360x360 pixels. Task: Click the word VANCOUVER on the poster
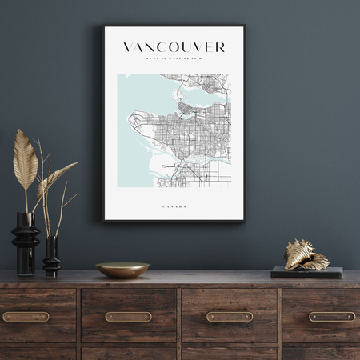tap(174, 47)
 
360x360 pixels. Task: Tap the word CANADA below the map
tap(174, 206)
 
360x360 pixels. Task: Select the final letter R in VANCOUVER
tap(221, 47)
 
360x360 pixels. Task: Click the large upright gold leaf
tap(25, 159)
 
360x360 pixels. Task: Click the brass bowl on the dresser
tap(122, 270)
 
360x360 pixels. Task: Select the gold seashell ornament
tap(306, 255)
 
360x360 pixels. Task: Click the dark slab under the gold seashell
tap(306, 273)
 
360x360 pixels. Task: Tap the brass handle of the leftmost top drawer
tap(26, 316)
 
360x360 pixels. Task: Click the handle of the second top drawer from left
tap(128, 316)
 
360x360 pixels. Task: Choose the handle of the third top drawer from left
tap(230, 316)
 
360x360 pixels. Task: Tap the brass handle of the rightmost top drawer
tap(331, 316)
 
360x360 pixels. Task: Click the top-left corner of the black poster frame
tap(104, 27)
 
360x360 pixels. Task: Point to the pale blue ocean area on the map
tap(136, 96)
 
